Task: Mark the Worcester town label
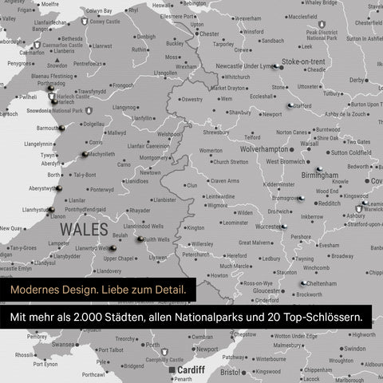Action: pos(272,227)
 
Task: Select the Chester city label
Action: pos(209,34)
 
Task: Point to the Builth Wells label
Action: pos(156,239)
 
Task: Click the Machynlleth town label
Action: pos(101,154)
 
